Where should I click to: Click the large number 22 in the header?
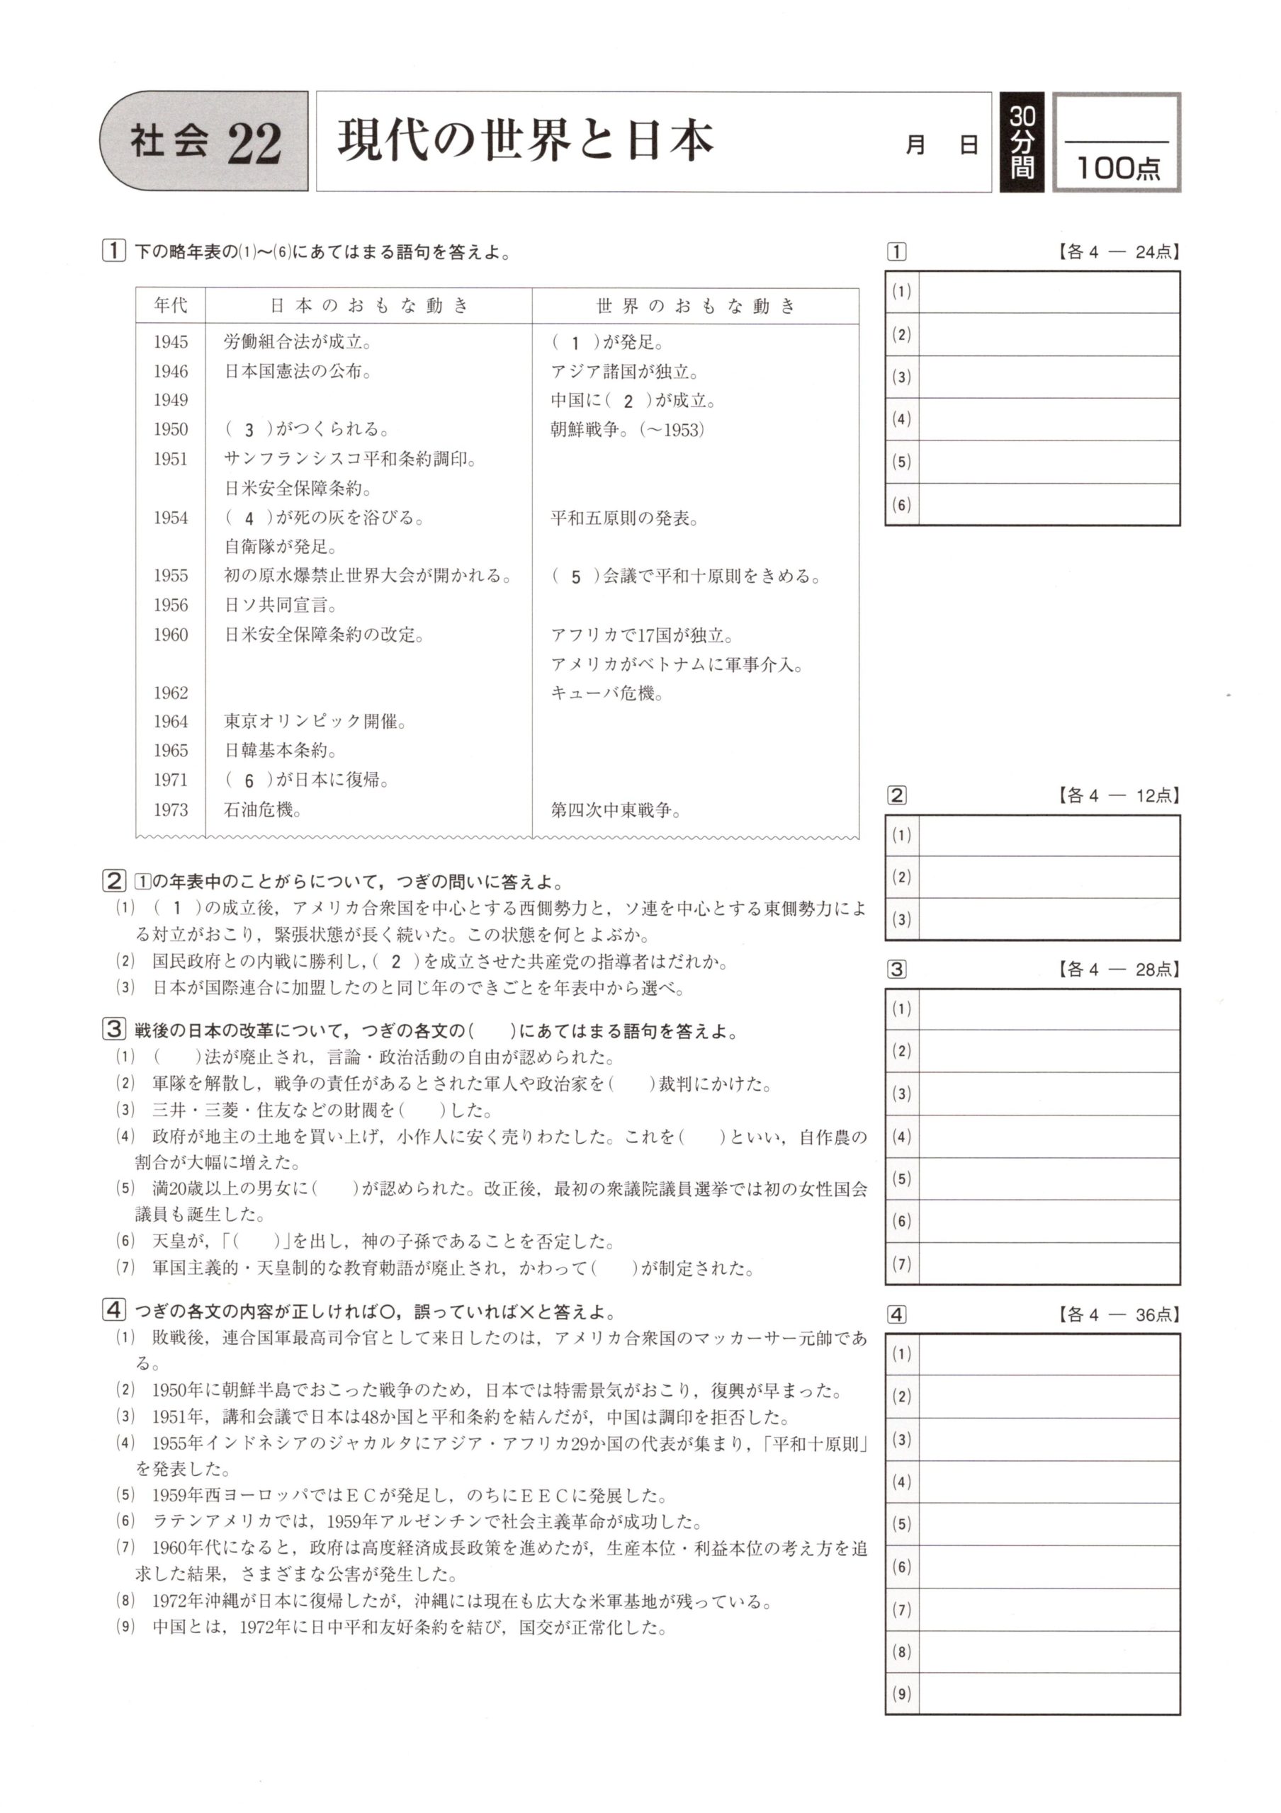click(254, 144)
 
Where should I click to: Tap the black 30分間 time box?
click(1021, 142)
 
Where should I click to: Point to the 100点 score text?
click(1117, 167)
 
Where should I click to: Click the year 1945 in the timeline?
click(171, 342)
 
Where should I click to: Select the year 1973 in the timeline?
click(171, 809)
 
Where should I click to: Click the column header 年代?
click(171, 305)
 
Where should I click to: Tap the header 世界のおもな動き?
click(695, 305)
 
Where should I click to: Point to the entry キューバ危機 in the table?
click(606, 693)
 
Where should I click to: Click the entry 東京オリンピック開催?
click(315, 722)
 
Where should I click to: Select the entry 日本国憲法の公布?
click(298, 371)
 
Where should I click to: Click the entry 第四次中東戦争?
click(615, 809)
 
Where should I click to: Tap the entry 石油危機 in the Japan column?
click(262, 809)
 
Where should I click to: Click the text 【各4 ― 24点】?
click(1117, 252)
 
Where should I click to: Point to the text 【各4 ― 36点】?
click(1117, 1314)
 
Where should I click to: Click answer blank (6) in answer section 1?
click(1049, 504)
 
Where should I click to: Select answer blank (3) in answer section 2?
click(1049, 919)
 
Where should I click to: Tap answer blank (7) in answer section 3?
click(1049, 1263)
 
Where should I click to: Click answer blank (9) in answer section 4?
click(1049, 1693)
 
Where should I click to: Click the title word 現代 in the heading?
click(373, 140)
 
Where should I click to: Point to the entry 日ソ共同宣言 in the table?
click(281, 606)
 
